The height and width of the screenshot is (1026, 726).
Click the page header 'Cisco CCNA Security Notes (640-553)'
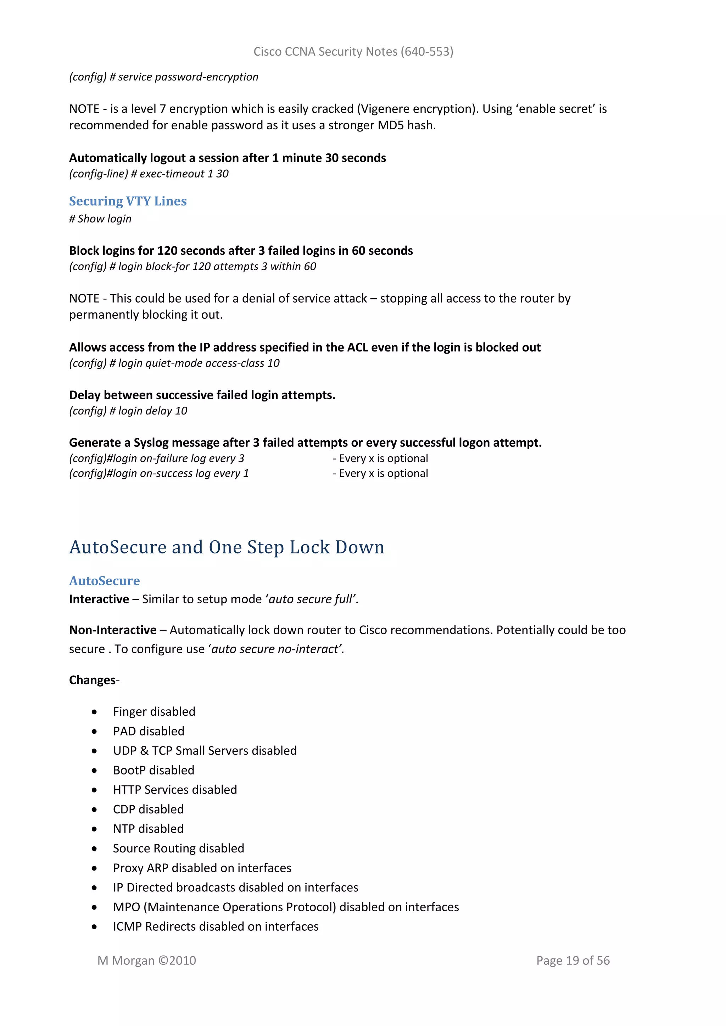point(353,52)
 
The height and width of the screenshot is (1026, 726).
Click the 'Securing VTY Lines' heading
point(128,201)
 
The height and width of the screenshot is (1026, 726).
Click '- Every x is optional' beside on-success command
point(380,473)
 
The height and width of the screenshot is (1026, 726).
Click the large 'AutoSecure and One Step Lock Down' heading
point(227,547)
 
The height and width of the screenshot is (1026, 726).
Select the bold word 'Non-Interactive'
point(113,630)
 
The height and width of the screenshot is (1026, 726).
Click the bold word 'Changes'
point(92,680)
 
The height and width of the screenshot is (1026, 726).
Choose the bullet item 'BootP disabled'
point(153,771)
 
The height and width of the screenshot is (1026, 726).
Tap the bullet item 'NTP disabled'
point(148,829)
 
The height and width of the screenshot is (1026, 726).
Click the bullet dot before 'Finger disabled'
point(94,712)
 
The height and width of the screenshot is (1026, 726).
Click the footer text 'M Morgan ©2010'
point(147,960)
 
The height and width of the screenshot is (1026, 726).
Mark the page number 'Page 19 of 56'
point(573,960)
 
